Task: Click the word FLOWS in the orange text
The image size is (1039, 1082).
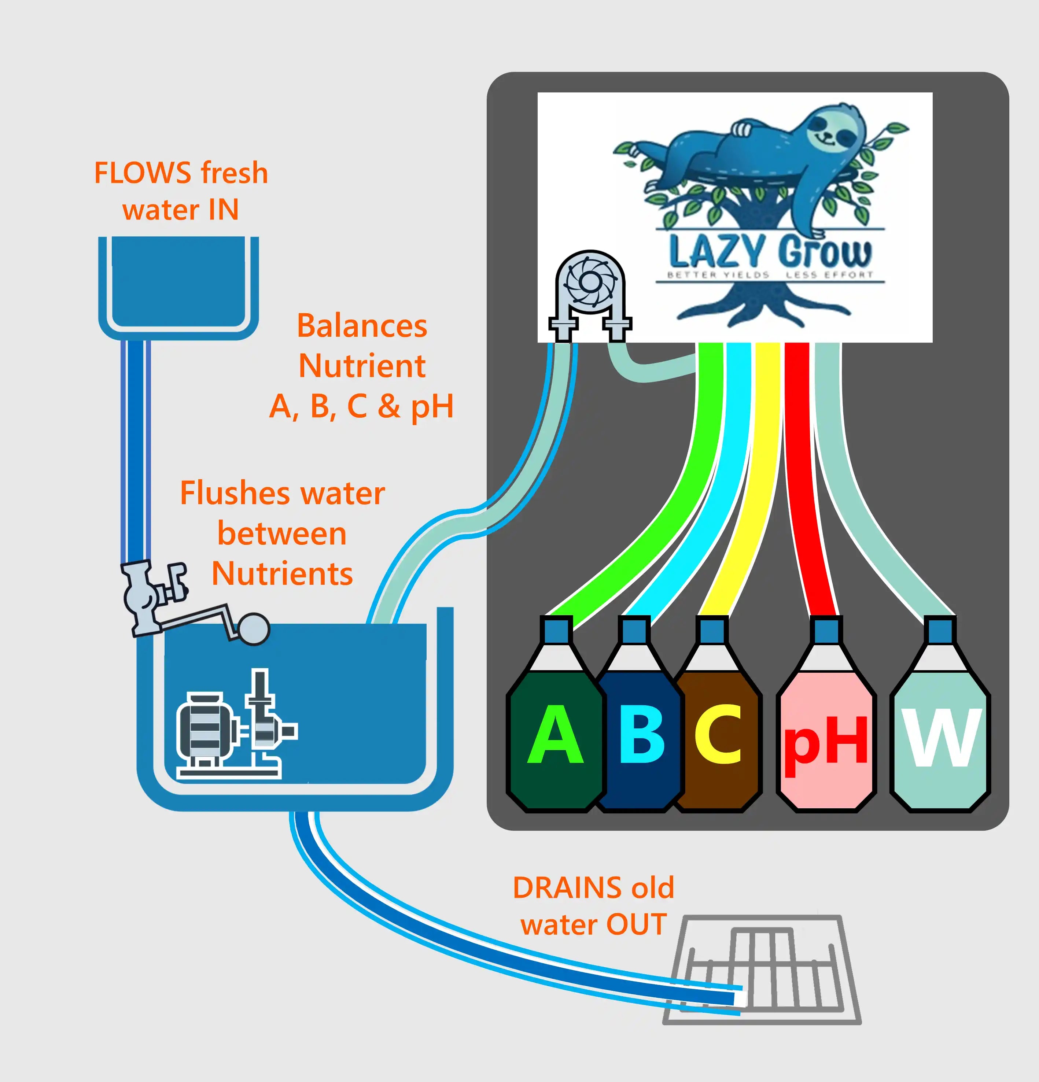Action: pyautogui.click(x=143, y=173)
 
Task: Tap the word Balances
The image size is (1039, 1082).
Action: pyautogui.click(x=362, y=326)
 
